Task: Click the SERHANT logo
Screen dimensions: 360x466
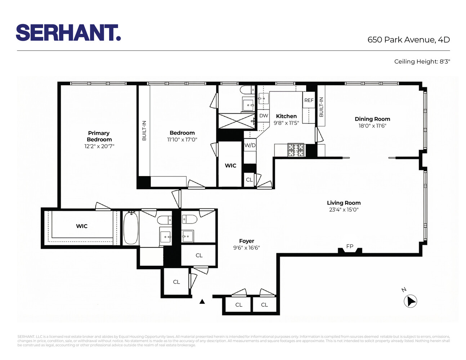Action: point(68,33)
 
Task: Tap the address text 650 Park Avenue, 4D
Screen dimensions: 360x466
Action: point(408,40)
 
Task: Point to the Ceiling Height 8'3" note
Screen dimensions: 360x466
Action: point(422,62)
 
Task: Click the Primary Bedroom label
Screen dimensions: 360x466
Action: point(99,136)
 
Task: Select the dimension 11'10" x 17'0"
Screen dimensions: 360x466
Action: point(182,140)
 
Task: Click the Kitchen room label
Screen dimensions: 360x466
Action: point(286,116)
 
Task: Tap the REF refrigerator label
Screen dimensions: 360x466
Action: point(309,100)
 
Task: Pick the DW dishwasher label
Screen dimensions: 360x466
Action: point(264,116)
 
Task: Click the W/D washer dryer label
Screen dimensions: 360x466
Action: point(250,145)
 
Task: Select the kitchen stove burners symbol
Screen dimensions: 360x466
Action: point(296,150)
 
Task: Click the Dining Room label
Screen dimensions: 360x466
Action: point(372,119)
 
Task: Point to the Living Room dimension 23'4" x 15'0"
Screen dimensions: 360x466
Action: point(344,210)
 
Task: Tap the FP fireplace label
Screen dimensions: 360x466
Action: point(350,246)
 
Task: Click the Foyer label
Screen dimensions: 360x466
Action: point(246,241)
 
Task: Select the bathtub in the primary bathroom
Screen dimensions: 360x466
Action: point(131,228)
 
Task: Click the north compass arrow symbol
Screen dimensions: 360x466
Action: point(410,301)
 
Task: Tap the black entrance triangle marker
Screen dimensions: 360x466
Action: point(202,301)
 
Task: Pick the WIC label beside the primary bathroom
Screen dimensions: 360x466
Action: point(82,226)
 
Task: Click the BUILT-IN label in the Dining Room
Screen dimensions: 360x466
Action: point(321,107)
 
